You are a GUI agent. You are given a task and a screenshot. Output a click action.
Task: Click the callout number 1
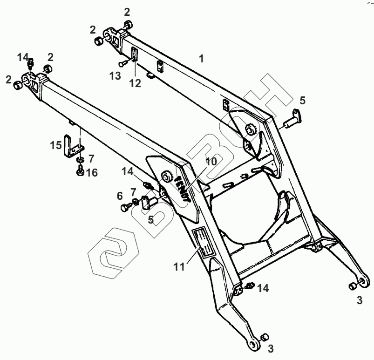(201, 59)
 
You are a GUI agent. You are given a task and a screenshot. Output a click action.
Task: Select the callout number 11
(179, 267)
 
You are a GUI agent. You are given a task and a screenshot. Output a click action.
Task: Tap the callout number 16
(92, 173)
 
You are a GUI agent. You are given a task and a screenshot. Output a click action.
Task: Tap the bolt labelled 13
(124, 63)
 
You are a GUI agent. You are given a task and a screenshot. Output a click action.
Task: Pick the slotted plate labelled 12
(135, 54)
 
